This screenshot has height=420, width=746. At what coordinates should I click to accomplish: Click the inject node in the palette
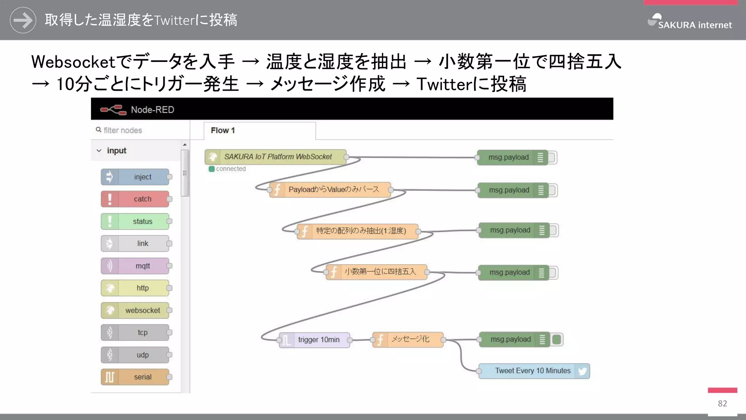tap(135, 177)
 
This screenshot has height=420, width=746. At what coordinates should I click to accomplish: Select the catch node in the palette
tap(135, 199)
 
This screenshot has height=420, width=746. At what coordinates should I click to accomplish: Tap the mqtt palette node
tap(135, 266)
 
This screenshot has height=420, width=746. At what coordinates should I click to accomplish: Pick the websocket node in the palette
tap(135, 310)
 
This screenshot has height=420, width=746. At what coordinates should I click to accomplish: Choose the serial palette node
tap(135, 377)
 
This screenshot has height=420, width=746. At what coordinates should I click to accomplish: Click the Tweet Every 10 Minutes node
tap(533, 371)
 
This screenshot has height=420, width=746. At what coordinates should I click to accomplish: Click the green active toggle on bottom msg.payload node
tap(557, 339)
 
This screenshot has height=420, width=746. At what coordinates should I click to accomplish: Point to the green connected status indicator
tap(212, 169)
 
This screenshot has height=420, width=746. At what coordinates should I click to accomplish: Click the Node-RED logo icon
tap(113, 109)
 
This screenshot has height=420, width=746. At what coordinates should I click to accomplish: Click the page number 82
tap(722, 403)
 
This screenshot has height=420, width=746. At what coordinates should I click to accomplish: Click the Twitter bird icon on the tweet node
tap(582, 371)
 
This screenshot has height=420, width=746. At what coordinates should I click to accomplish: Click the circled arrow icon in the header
tap(23, 20)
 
